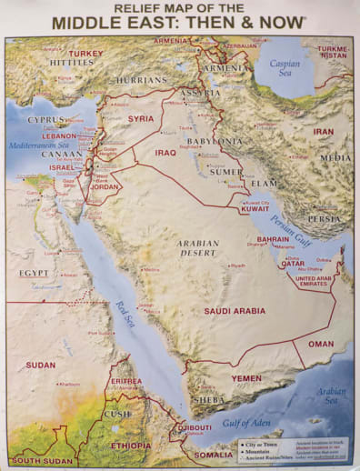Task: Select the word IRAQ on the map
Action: (x=165, y=153)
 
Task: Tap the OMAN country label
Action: (x=321, y=344)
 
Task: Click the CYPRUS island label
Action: (x=45, y=119)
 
